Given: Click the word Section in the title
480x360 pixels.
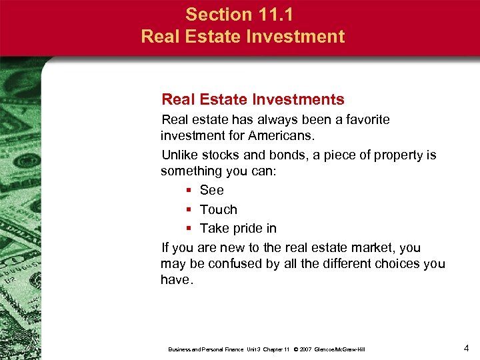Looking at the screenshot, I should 217,14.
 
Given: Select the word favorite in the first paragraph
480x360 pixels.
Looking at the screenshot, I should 365,120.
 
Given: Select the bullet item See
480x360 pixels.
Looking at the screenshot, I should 211,191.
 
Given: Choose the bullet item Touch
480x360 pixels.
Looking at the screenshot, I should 218,210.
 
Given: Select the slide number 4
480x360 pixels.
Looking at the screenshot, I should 467,348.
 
